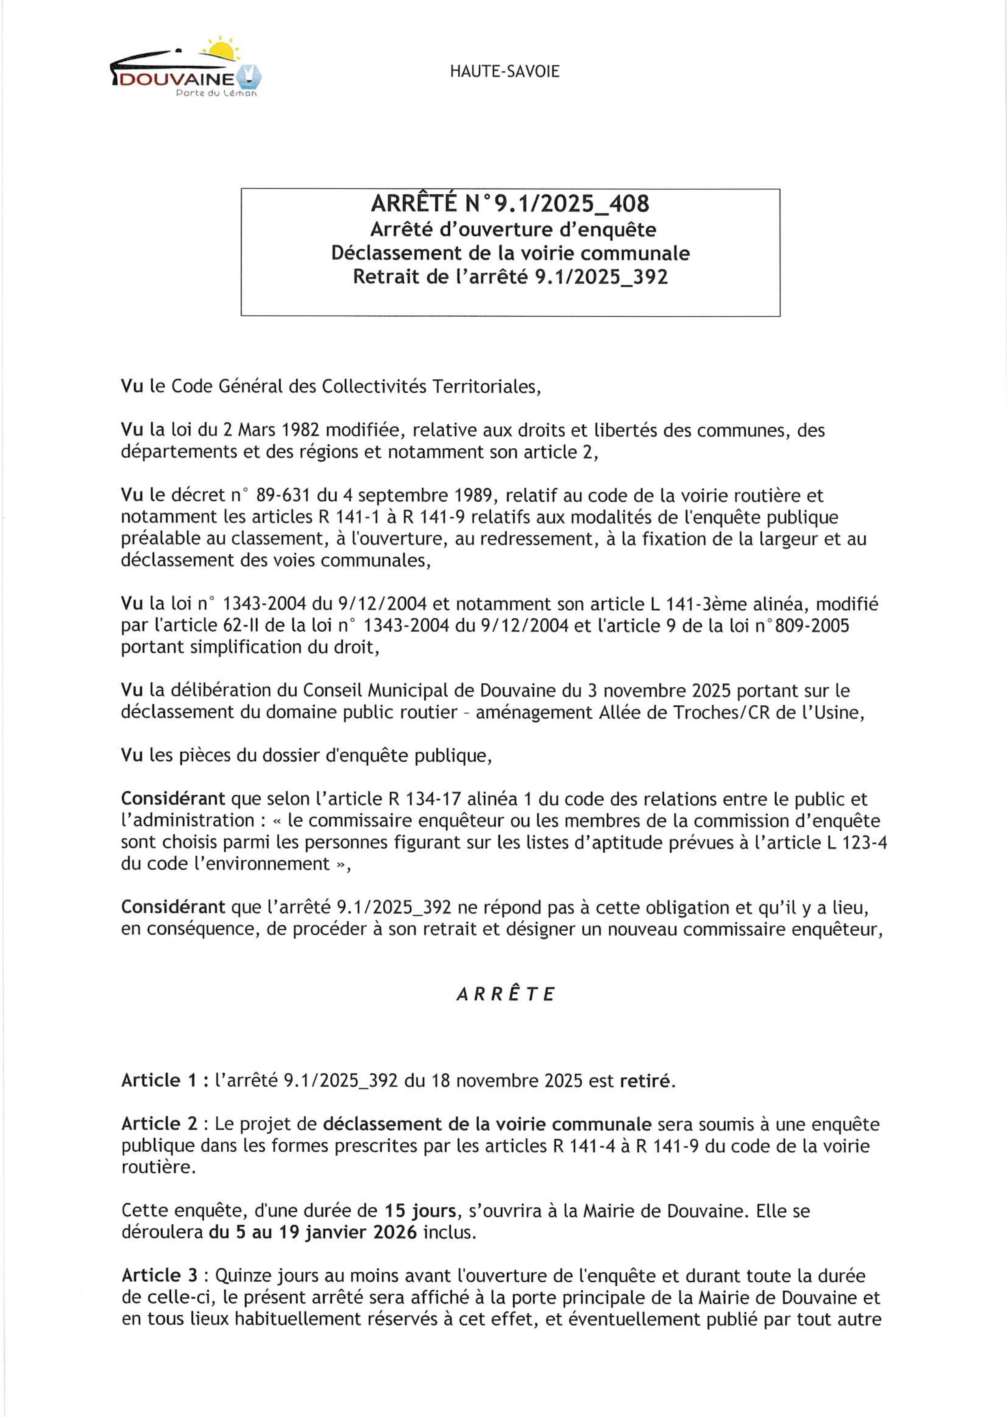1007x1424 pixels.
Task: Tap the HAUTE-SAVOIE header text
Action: pos(505,71)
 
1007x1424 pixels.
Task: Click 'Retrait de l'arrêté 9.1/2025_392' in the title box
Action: pos(510,276)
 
